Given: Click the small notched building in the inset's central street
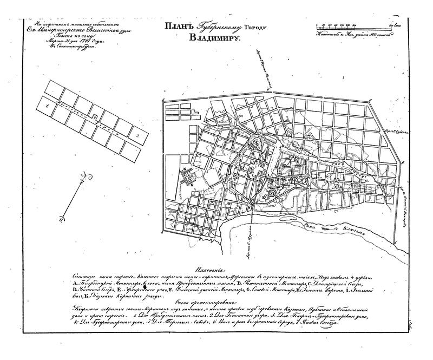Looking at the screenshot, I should click(94, 116).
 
